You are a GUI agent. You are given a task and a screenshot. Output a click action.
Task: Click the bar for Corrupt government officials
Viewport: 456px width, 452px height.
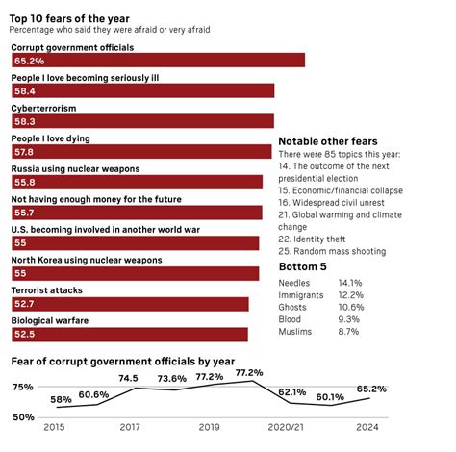[x=158, y=60]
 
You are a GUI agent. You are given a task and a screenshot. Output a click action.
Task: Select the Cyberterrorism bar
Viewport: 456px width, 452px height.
[x=143, y=121]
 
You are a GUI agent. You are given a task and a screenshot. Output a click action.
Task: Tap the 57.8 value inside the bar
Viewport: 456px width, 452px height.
[x=24, y=152]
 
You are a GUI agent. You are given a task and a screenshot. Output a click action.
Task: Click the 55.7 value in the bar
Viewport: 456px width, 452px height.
[x=24, y=213]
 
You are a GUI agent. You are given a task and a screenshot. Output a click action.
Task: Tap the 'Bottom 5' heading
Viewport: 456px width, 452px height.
[x=304, y=265]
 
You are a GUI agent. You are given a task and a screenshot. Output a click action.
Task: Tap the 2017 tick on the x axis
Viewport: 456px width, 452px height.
[x=129, y=427]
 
